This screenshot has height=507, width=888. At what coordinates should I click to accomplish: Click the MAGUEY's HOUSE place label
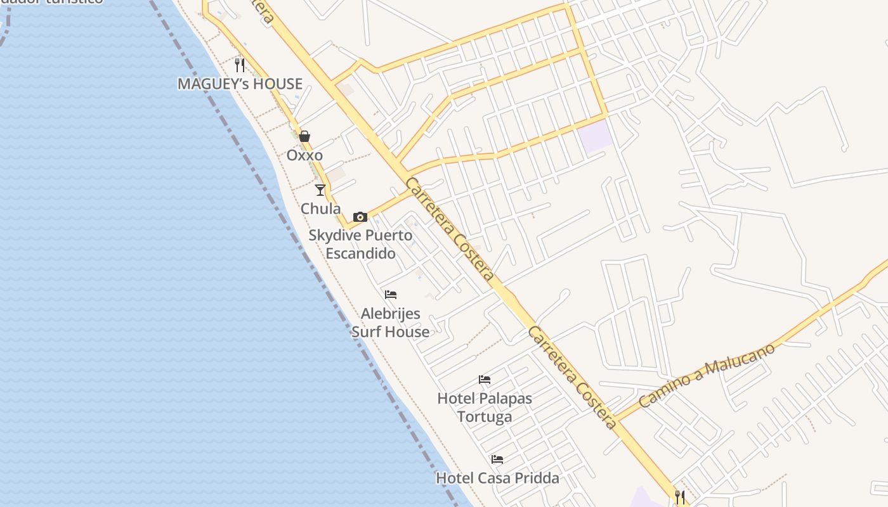[240, 84]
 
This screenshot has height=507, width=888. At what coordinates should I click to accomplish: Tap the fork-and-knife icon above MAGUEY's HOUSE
[240, 65]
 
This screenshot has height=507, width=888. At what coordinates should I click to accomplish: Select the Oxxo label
[304, 155]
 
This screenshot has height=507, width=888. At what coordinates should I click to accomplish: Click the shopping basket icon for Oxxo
[304, 136]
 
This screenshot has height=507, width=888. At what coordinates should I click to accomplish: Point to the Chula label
[320, 209]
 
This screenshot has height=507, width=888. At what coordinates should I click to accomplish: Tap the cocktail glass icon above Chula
[320, 189]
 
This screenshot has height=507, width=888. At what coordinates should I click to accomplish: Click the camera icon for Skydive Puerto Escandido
[360, 217]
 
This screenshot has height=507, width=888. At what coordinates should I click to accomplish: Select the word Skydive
[333, 235]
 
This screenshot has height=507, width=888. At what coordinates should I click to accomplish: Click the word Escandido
[360, 253]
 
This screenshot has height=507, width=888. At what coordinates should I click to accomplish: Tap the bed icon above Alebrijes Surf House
[391, 295]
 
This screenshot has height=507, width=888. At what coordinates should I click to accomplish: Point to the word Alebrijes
[390, 314]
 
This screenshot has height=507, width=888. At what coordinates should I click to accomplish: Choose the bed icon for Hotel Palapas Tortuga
[485, 380]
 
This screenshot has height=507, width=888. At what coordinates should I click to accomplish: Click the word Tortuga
[485, 417]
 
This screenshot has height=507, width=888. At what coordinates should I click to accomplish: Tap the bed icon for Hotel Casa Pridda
[497, 459]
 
